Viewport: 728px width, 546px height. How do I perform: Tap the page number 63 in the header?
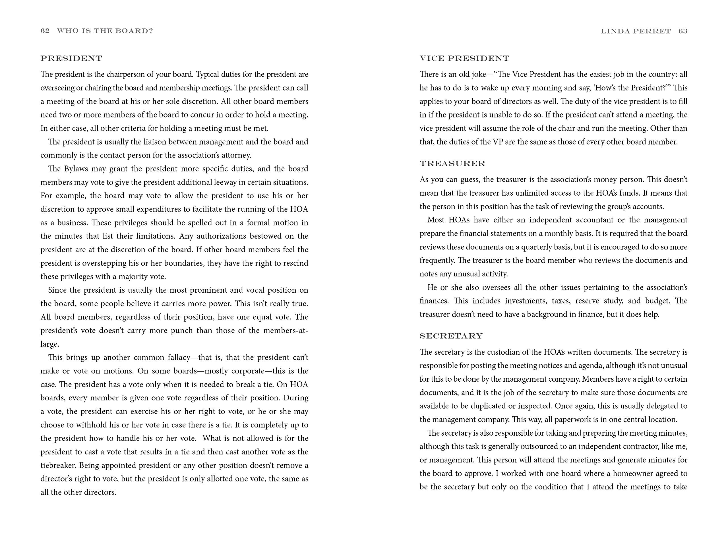683,31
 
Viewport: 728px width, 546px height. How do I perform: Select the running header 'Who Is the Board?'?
105,31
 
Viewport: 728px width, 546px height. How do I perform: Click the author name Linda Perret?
636,31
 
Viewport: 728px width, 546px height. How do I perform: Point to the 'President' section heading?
71,59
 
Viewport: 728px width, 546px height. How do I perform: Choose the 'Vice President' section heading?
464,59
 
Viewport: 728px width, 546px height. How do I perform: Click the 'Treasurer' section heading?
452,164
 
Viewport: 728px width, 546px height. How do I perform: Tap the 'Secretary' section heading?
451,336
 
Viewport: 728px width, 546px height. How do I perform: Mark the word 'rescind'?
296,263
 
